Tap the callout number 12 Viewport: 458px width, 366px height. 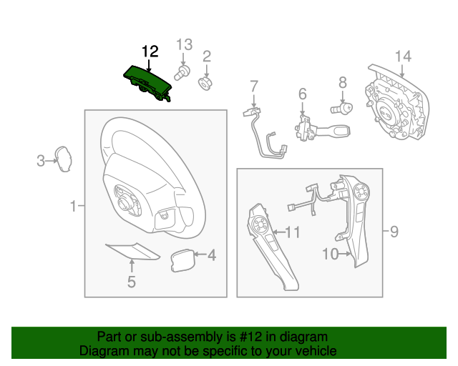coord(150,51)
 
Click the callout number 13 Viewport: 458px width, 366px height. coord(184,44)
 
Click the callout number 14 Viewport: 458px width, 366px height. coord(403,56)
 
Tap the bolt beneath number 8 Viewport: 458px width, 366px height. coord(343,109)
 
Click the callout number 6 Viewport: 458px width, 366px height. coord(302,94)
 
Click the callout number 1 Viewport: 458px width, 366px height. coord(73,207)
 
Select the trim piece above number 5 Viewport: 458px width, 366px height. coord(132,251)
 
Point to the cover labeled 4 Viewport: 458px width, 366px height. coord(183,259)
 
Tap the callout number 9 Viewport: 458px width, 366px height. coord(393,231)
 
